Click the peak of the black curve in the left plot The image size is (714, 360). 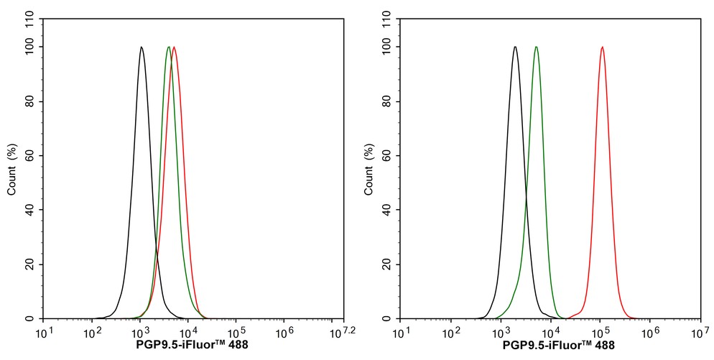click(x=142, y=47)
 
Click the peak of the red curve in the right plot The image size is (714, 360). click(x=602, y=47)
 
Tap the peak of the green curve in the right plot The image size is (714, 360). click(x=536, y=47)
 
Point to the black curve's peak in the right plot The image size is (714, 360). click(x=515, y=47)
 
